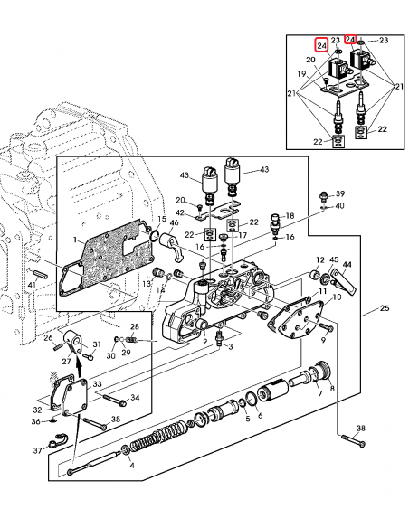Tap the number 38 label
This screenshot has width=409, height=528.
pos(361,428)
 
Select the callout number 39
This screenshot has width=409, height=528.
pos(340,193)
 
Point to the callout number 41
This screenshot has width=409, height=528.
pos(32,286)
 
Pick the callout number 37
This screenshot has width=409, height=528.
pos(37,449)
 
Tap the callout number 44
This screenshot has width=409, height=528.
pos(347,266)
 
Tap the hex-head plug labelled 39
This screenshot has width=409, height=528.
pos(325,195)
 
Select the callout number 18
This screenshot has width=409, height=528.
pos(290,215)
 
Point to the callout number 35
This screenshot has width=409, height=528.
pos(116,419)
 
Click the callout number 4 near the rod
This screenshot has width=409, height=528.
pos(132,466)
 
